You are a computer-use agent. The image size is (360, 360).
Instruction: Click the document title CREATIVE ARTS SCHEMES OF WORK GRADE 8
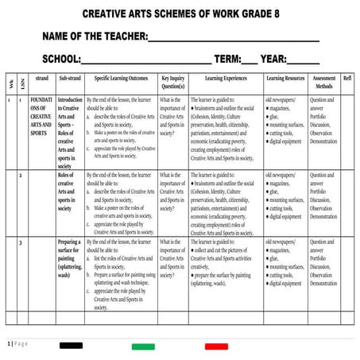tap(180, 14)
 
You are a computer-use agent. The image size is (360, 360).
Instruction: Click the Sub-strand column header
tap(69, 79)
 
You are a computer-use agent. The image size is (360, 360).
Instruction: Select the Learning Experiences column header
tap(226, 79)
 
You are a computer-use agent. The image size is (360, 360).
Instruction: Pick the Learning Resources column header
tap(285, 79)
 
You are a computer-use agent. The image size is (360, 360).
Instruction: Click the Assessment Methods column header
tap(323, 82)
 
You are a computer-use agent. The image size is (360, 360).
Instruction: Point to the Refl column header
tap(347, 79)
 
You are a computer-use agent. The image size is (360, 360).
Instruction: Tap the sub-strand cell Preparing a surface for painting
tap(69, 257)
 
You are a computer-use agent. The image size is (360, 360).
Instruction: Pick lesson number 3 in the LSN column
tap(21, 241)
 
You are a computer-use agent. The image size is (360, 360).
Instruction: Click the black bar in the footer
tap(71, 346)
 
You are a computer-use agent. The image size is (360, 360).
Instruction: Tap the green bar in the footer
tap(143, 346)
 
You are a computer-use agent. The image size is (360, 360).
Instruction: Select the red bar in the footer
tap(216, 346)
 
